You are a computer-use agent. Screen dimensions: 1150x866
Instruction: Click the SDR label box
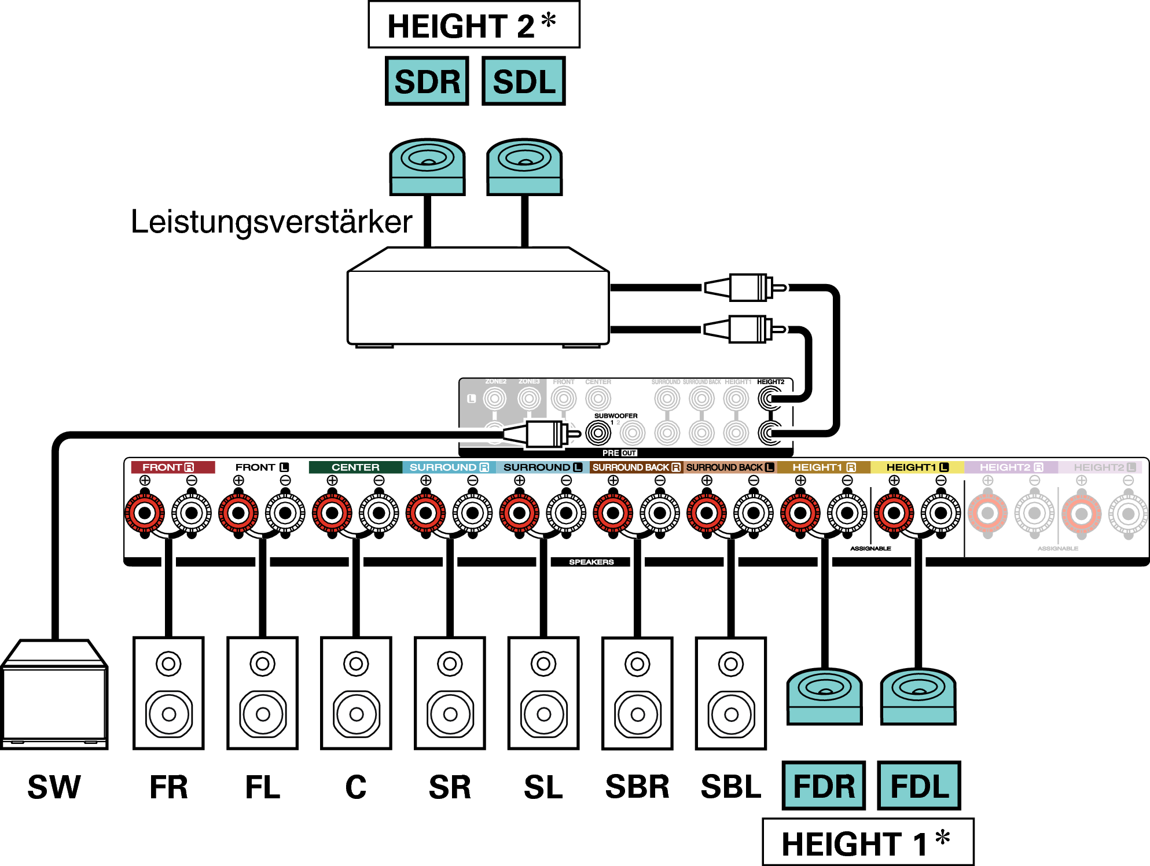[427, 81]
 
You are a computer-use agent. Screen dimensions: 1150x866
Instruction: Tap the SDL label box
[524, 81]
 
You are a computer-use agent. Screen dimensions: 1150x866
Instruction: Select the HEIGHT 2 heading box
[473, 25]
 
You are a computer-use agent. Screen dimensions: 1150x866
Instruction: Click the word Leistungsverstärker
[271, 222]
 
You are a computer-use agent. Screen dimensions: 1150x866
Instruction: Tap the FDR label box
[824, 786]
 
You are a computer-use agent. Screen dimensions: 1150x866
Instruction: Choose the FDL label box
[919, 786]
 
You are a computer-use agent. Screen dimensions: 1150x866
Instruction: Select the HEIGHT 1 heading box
[868, 842]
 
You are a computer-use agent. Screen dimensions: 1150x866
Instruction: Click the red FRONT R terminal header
[172, 467]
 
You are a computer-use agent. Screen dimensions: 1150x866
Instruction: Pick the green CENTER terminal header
[355, 467]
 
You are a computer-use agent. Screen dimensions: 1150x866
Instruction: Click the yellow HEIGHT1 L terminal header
[917, 467]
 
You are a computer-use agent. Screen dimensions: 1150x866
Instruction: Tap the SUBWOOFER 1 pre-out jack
[598, 433]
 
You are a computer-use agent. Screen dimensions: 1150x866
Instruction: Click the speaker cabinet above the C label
[356, 693]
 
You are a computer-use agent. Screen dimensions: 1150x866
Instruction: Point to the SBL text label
[730, 787]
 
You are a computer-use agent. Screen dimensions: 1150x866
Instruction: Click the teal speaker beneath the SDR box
[427, 167]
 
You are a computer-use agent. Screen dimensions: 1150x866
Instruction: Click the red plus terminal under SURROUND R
[425, 513]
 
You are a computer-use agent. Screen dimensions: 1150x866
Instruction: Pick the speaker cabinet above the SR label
[450, 693]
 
